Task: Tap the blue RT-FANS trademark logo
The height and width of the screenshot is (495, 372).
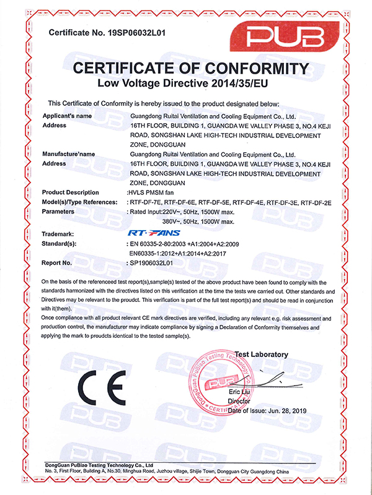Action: [x=149, y=234]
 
